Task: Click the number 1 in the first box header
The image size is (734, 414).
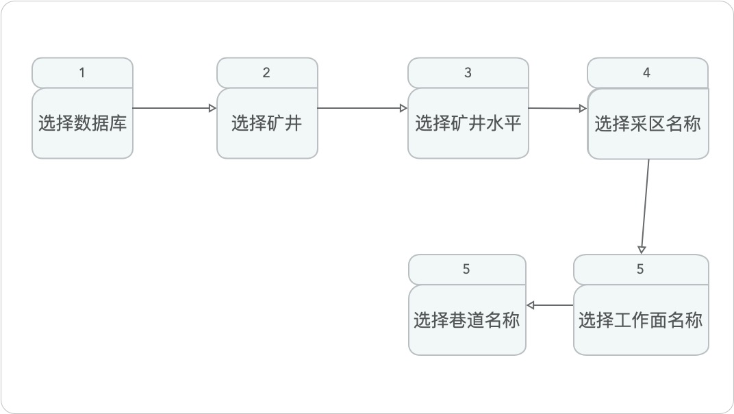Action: point(82,73)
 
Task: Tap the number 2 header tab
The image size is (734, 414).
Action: point(266,73)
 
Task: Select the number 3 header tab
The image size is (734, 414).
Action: point(468,73)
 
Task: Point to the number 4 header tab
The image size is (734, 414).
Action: point(646,73)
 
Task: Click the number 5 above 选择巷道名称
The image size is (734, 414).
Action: point(466,269)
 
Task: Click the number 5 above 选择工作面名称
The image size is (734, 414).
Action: point(640,269)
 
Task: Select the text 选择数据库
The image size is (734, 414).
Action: point(82,124)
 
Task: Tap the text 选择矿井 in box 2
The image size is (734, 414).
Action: point(266,124)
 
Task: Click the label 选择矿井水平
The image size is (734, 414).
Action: point(468,124)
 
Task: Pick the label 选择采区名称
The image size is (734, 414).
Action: point(647,124)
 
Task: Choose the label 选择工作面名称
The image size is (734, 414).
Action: point(640,320)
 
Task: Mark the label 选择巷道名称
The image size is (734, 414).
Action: point(466,320)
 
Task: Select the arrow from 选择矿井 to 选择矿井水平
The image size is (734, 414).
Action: point(363,107)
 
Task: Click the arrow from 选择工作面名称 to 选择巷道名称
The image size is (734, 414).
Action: point(550,305)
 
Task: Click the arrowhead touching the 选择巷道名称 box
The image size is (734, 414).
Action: point(531,305)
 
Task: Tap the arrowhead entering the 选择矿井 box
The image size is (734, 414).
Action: point(212,107)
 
